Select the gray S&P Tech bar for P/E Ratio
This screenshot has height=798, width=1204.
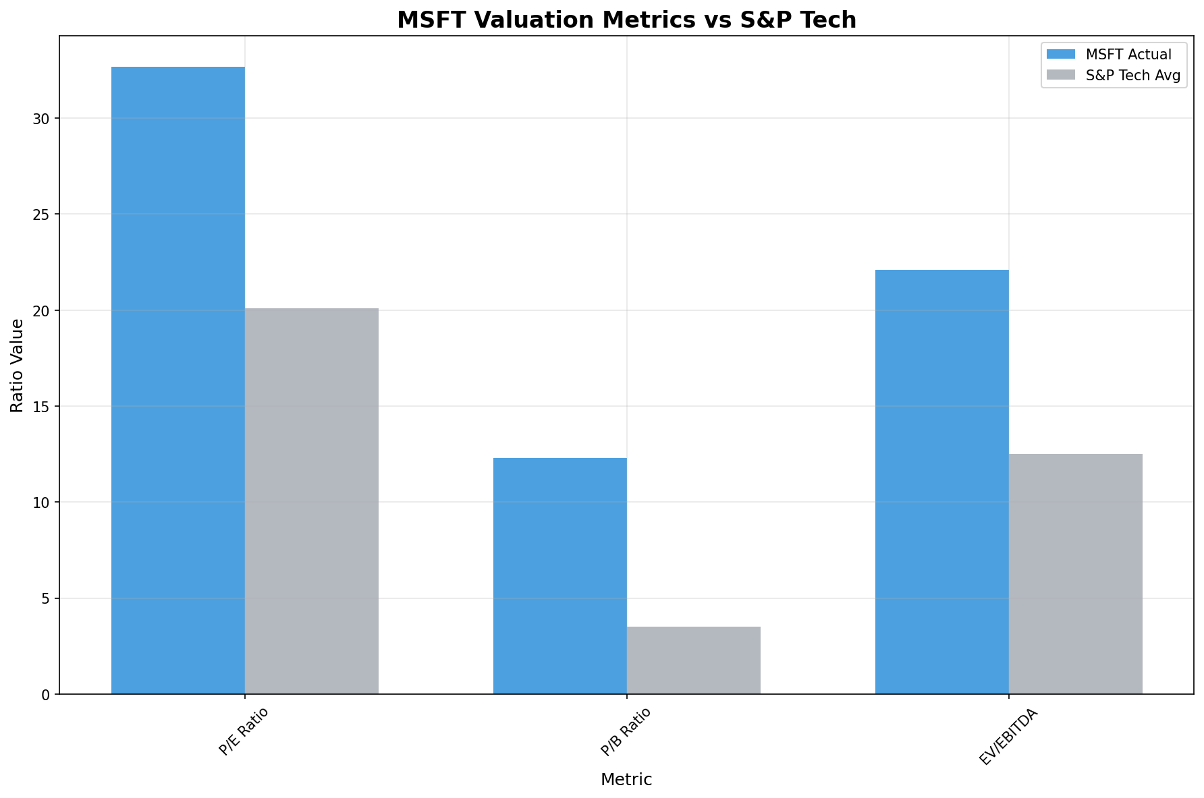pyautogui.click(x=311, y=501)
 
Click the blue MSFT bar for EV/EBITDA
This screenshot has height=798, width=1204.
pyautogui.click(x=941, y=482)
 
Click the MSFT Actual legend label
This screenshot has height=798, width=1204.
pyautogui.click(x=1128, y=54)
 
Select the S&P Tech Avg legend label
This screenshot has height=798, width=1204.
pyautogui.click(x=1132, y=76)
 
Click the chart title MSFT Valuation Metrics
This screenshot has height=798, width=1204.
pyautogui.click(x=626, y=20)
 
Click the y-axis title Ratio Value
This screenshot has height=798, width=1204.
pyautogui.click(x=18, y=365)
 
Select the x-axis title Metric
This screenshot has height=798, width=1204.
pyautogui.click(x=626, y=780)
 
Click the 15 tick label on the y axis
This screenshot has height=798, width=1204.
pyautogui.click(x=42, y=407)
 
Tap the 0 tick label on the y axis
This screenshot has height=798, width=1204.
pyautogui.click(x=46, y=694)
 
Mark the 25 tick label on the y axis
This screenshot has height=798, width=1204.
pyautogui.click(x=42, y=215)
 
